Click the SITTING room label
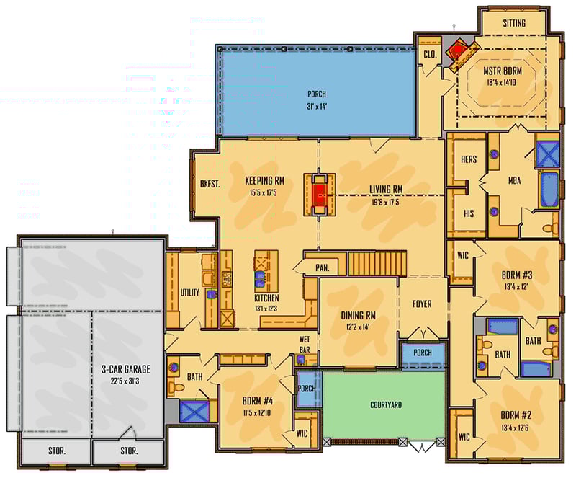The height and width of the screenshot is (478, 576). coord(514,23)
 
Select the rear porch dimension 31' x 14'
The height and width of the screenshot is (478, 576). coord(317,107)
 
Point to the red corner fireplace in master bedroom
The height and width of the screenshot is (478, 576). coord(459,53)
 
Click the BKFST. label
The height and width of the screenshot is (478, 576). coord(210,183)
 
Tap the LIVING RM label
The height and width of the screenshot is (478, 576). coord(386,190)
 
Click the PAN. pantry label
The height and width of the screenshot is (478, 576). coord(323,268)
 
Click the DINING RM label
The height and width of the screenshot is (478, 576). coord(358,315)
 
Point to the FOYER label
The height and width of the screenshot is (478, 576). coord(422,304)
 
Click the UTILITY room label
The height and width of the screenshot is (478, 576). coord(190,293)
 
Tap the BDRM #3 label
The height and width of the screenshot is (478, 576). coord(516,275)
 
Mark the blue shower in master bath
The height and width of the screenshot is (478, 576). coord(547,154)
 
